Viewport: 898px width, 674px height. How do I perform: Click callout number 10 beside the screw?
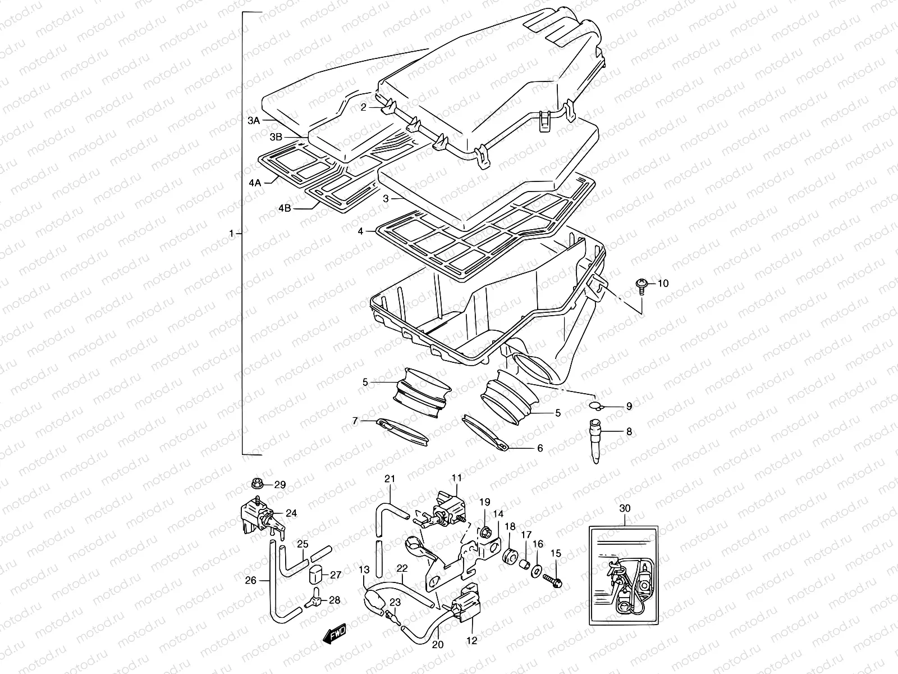click(x=663, y=284)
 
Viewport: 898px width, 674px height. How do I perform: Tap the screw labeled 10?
click(x=640, y=285)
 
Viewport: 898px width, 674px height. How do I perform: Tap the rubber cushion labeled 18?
click(x=510, y=555)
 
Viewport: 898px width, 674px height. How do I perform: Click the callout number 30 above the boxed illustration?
click(x=625, y=508)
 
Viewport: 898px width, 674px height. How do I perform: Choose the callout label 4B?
click(x=285, y=208)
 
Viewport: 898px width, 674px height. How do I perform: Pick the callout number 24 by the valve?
click(x=291, y=512)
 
